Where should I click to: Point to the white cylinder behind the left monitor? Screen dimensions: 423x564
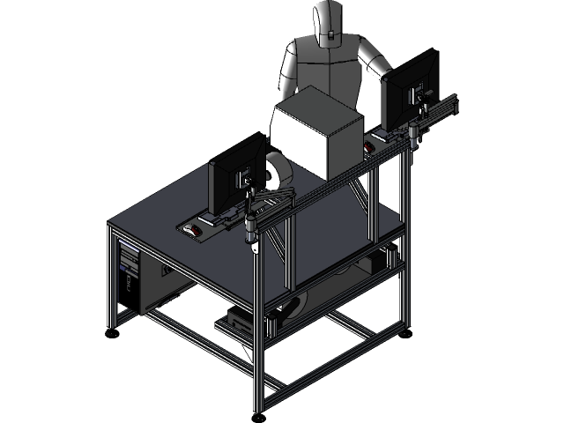click(279, 171)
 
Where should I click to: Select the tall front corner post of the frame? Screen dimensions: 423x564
click(259, 335)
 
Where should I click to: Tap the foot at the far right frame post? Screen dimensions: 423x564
click(404, 332)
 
